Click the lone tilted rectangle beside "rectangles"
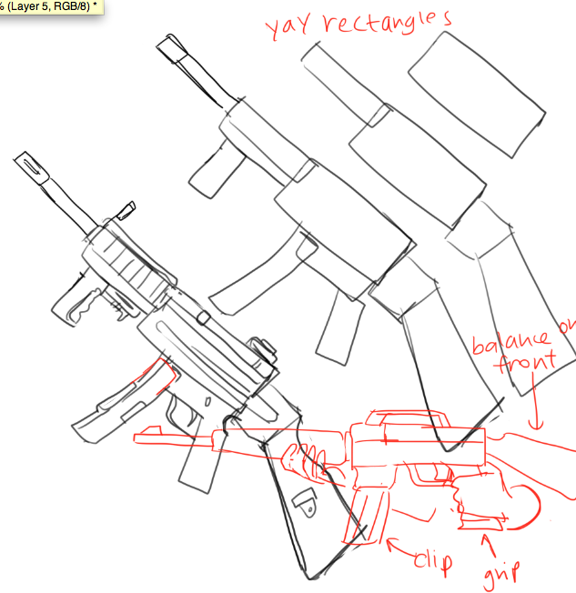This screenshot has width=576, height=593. tap(477, 95)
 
